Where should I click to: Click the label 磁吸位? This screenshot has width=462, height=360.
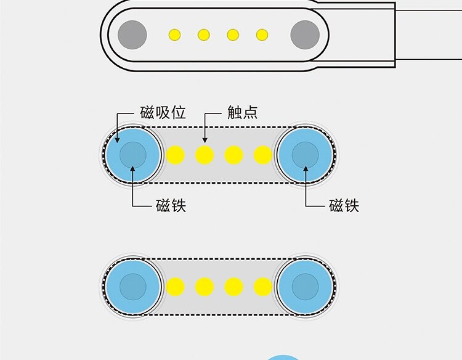[x=163, y=113]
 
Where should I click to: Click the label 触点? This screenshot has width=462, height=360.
[x=242, y=113]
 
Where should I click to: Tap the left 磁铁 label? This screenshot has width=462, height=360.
[x=171, y=205]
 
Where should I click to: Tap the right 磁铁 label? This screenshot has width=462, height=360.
[x=344, y=205]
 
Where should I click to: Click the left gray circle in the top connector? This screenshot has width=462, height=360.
[x=132, y=34]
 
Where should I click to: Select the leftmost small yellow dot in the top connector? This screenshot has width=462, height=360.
[x=175, y=35]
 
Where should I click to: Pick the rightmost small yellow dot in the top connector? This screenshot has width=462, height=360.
[x=262, y=35]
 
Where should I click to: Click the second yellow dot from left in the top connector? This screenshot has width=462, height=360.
[x=204, y=35]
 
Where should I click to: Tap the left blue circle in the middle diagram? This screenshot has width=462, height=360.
[x=132, y=155]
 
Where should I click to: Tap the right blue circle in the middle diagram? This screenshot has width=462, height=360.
[x=305, y=155]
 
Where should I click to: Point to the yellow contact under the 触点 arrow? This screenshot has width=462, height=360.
[x=205, y=155]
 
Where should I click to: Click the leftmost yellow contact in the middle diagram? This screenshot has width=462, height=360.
[x=176, y=155]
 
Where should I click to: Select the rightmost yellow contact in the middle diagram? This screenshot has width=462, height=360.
[x=263, y=155]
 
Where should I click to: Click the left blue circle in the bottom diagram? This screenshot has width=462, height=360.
[x=132, y=287]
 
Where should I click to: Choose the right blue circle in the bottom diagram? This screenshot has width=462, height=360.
[x=305, y=287]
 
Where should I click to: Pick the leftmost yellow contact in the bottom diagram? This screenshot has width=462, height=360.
[x=176, y=287]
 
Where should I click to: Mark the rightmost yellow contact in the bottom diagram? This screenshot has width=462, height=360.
[x=263, y=287]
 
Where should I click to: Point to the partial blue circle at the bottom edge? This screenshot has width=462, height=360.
[x=284, y=357]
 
